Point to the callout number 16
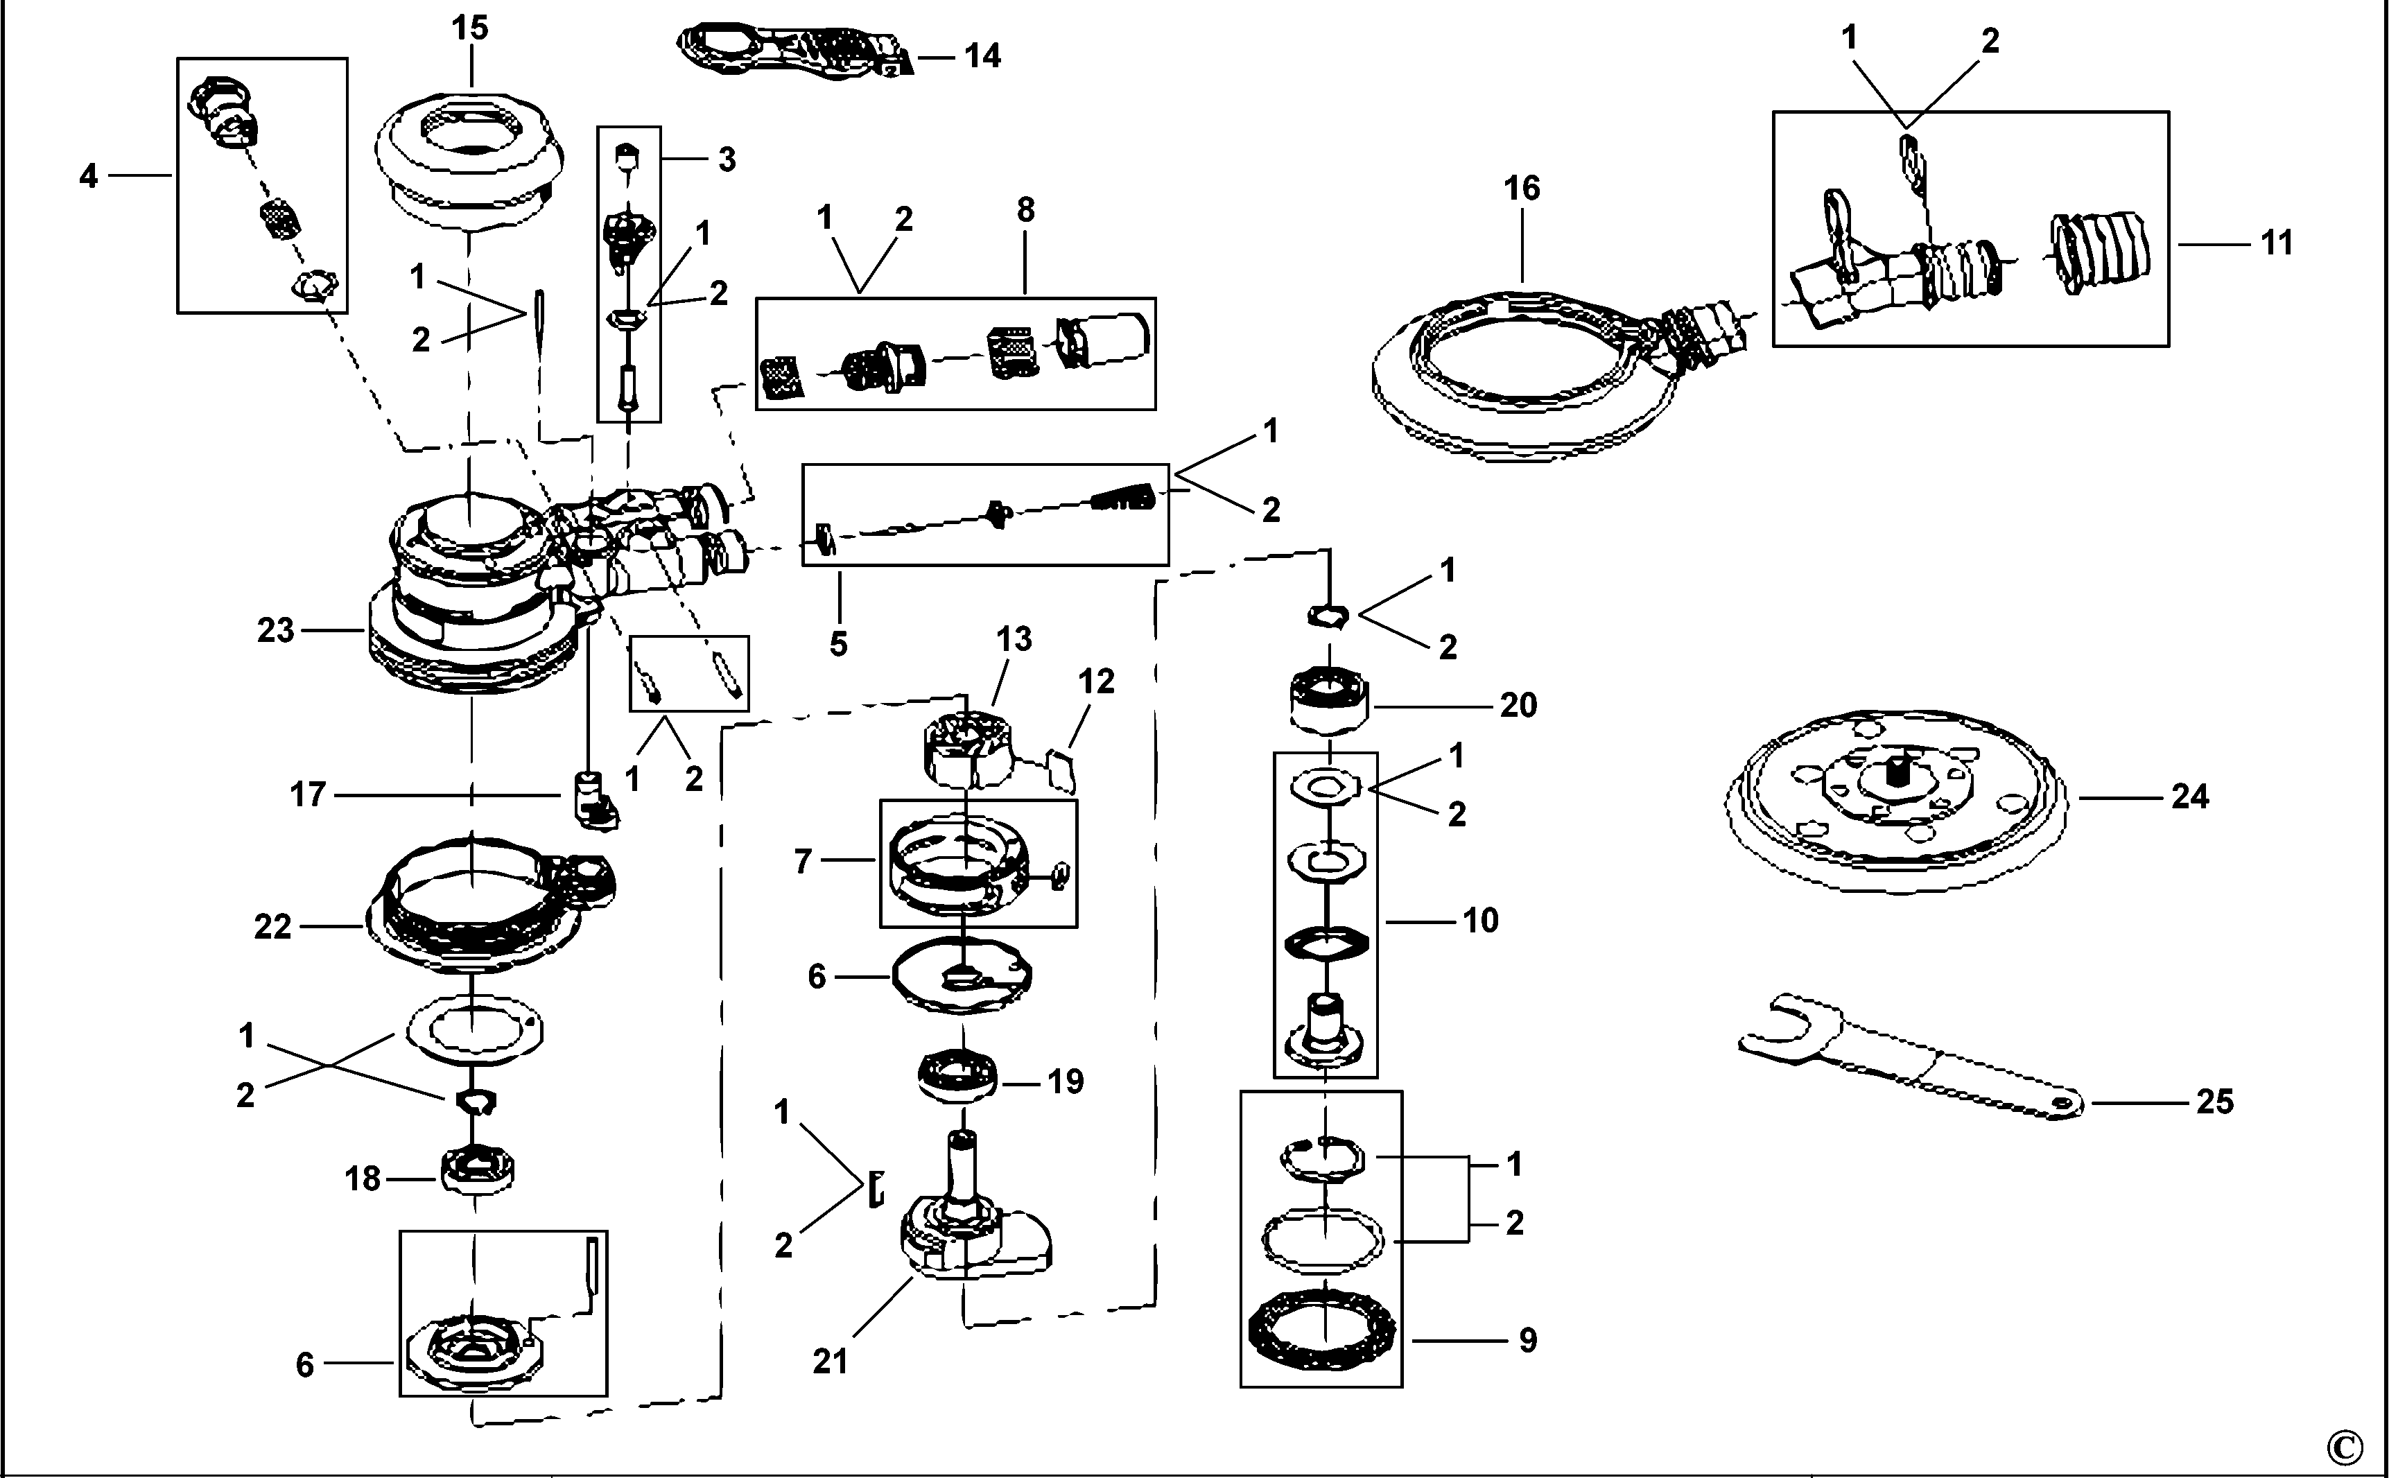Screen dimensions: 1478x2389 coord(1522,189)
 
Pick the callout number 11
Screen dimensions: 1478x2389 coord(2277,243)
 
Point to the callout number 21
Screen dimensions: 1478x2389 coord(830,1362)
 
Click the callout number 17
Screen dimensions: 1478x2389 coord(307,794)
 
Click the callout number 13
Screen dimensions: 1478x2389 coord(1014,639)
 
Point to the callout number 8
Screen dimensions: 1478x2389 coord(1025,210)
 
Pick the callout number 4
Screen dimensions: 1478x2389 coord(88,177)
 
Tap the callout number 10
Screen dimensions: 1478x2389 coord(1480,920)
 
